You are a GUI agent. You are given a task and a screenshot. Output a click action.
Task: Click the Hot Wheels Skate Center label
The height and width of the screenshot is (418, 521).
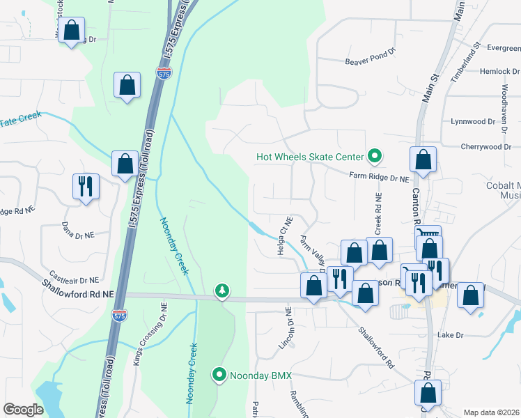[310, 157]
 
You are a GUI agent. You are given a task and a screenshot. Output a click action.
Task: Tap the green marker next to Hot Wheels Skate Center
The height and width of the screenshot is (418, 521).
[375, 157]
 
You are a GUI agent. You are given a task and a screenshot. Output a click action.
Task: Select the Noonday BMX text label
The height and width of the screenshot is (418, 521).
[263, 376]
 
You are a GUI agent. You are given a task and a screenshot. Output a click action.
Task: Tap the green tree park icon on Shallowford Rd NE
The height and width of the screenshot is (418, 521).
[222, 290]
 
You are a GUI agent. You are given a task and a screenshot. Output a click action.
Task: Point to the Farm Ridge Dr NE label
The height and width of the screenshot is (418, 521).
[379, 178]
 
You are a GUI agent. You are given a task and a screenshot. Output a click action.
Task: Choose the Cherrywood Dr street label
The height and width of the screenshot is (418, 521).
[486, 147]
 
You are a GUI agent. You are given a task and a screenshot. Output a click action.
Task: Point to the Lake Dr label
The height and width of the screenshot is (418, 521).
[450, 335]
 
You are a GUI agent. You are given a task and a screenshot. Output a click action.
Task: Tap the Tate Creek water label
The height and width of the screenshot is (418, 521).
[21, 121]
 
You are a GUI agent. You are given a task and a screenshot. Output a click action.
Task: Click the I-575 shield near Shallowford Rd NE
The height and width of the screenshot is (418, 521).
[119, 316]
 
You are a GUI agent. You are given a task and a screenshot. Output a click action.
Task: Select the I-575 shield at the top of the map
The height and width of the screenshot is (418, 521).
[162, 75]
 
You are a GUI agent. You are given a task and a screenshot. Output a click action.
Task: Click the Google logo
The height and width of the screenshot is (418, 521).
[24, 410]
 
